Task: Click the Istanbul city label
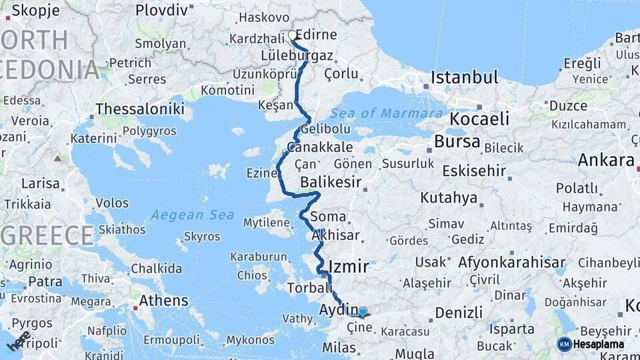click(x=464, y=77)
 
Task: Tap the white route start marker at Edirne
click(x=292, y=35)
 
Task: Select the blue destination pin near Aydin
click(x=362, y=311)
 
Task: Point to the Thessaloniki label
click(x=139, y=109)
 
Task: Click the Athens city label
click(x=163, y=301)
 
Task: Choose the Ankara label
click(x=605, y=160)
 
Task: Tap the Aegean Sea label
click(x=193, y=215)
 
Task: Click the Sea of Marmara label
click(x=387, y=113)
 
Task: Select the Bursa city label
click(x=457, y=141)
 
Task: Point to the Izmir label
click(x=348, y=267)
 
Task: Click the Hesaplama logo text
click(x=599, y=345)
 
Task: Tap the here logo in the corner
click(x=19, y=341)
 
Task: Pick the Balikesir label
click(x=331, y=182)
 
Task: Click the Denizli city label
click(x=459, y=312)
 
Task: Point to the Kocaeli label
click(x=479, y=119)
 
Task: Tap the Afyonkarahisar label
click(x=511, y=262)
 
